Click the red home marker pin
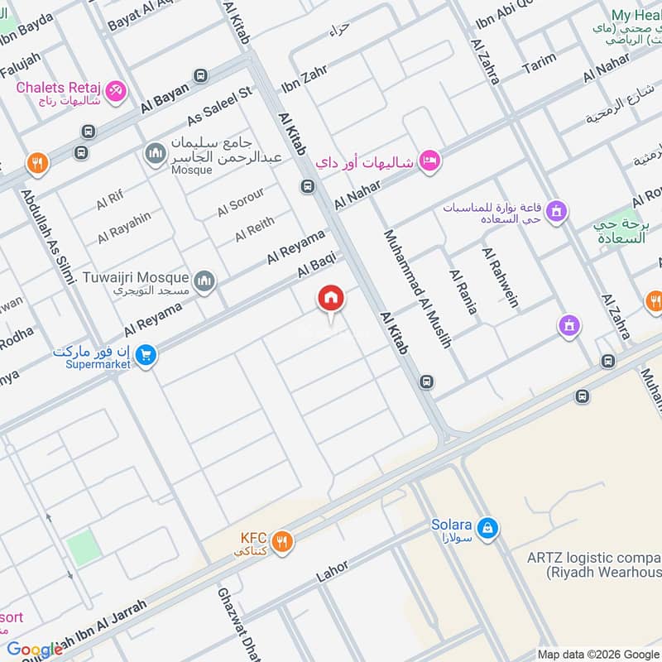(331, 300)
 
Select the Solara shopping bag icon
(489, 526)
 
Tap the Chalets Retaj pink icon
(117, 91)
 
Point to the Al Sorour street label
(241, 203)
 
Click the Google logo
(35, 650)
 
